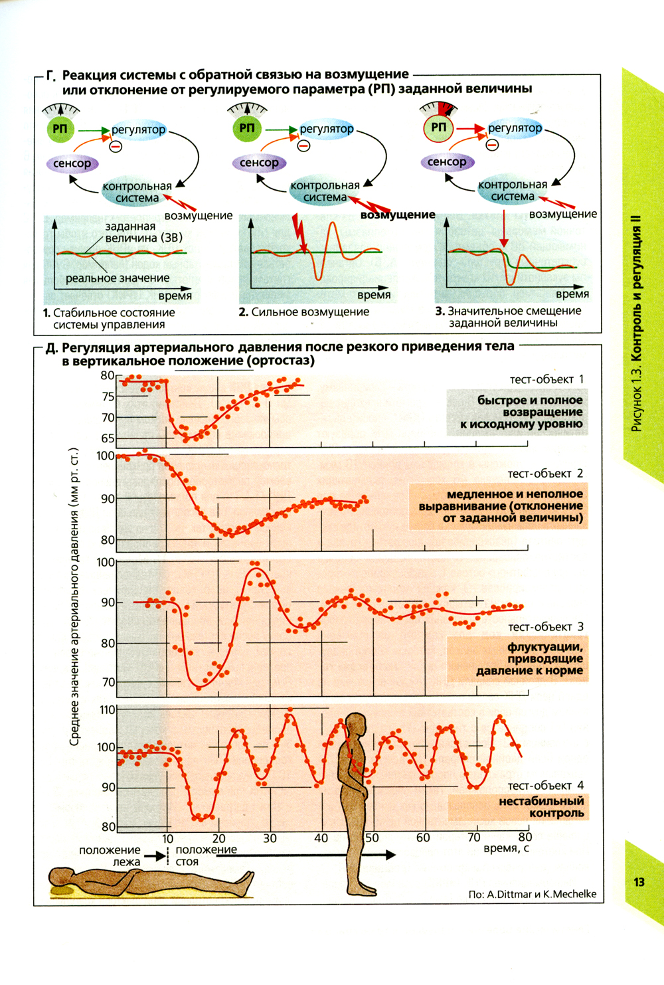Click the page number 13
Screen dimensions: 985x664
[x=639, y=882]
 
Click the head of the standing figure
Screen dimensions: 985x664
[x=356, y=724]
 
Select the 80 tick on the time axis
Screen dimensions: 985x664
[x=525, y=838]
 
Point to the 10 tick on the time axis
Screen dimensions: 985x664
[x=167, y=838]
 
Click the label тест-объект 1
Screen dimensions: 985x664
[x=546, y=379]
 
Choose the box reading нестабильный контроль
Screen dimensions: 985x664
[x=518, y=807]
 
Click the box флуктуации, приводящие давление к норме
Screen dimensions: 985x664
[x=518, y=659]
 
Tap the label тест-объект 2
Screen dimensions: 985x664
[x=545, y=474]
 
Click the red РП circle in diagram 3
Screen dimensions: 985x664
[x=438, y=127]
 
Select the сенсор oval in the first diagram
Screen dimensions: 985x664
[x=72, y=163]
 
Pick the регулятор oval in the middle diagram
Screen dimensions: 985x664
[x=326, y=129]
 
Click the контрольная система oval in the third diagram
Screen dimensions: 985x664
[x=513, y=191]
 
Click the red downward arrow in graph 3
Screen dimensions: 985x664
[x=504, y=229]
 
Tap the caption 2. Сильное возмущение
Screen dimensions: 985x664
[x=303, y=312]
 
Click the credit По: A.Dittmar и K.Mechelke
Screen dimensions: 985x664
[x=532, y=894]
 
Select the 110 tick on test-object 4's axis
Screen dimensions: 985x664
[x=107, y=709]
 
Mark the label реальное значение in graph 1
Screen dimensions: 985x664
[x=118, y=278]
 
